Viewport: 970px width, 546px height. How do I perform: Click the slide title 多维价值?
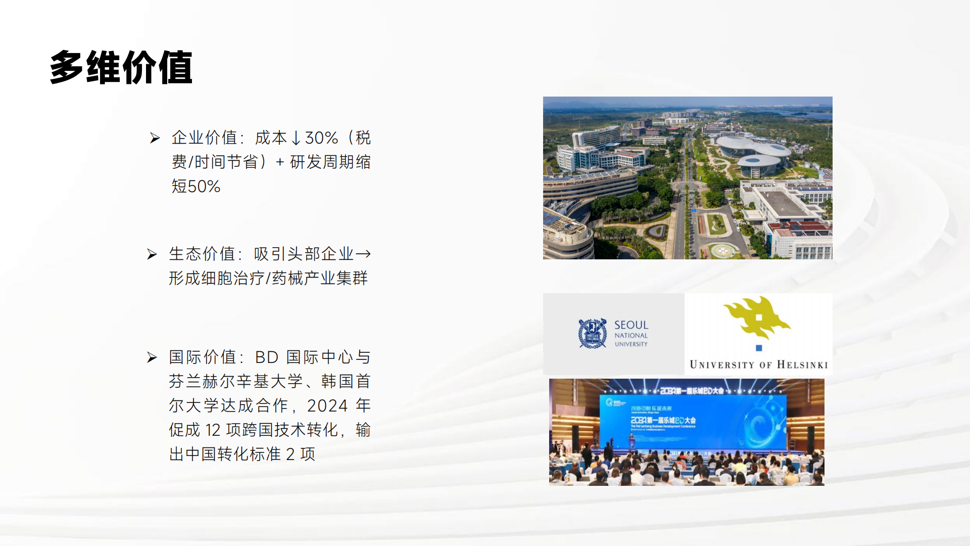[121, 68]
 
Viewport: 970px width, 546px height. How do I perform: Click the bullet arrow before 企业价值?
[155, 138]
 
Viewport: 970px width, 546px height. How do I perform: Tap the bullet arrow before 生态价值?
[152, 254]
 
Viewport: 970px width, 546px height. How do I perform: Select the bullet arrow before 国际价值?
[152, 357]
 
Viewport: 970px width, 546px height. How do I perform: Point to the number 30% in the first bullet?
[321, 138]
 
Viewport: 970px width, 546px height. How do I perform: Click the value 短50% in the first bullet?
[196, 187]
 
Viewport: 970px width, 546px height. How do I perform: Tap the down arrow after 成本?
[296, 138]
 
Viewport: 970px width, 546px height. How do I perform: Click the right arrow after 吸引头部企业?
[363, 254]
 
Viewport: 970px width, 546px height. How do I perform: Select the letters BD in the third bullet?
[267, 357]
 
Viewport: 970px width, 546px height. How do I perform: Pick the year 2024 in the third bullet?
[327, 406]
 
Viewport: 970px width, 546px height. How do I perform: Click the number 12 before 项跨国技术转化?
[213, 430]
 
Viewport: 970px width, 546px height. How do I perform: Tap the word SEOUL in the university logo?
[631, 325]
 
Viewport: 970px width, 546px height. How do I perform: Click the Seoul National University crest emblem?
[592, 333]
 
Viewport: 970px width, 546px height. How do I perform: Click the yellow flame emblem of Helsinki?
[756, 316]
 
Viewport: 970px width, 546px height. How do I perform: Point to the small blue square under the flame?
[759, 348]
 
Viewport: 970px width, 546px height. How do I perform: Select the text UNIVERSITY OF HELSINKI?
[758, 365]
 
